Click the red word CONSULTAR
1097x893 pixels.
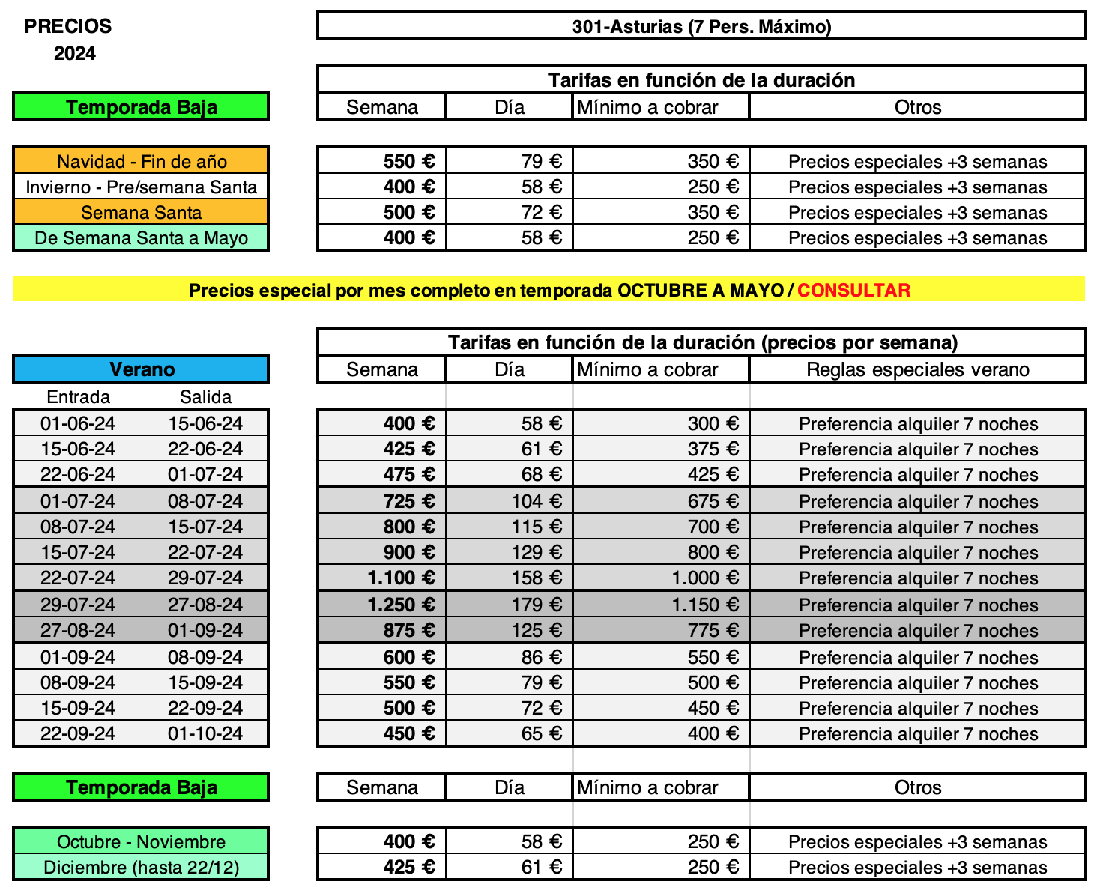coord(853,290)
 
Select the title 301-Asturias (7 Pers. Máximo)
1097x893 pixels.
coord(701,27)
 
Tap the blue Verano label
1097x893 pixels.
coord(141,369)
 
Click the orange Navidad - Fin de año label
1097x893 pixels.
coord(141,161)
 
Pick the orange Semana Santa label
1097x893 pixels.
coord(141,212)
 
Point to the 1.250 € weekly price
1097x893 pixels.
coord(401,605)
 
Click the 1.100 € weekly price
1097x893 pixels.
coord(401,578)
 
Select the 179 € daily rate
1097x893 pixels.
coord(537,605)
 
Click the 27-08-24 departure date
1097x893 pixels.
coord(205,605)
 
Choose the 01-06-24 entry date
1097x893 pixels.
coord(78,423)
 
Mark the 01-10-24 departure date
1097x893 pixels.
coord(205,733)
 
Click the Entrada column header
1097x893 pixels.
coord(78,396)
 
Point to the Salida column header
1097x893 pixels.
coord(205,396)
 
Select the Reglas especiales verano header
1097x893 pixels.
coord(917,369)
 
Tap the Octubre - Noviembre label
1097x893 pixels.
coord(141,841)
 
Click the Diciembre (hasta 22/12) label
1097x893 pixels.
coord(141,867)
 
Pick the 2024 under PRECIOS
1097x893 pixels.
coord(75,53)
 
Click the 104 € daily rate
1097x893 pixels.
coord(537,501)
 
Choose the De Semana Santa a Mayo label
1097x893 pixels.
coord(141,237)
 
